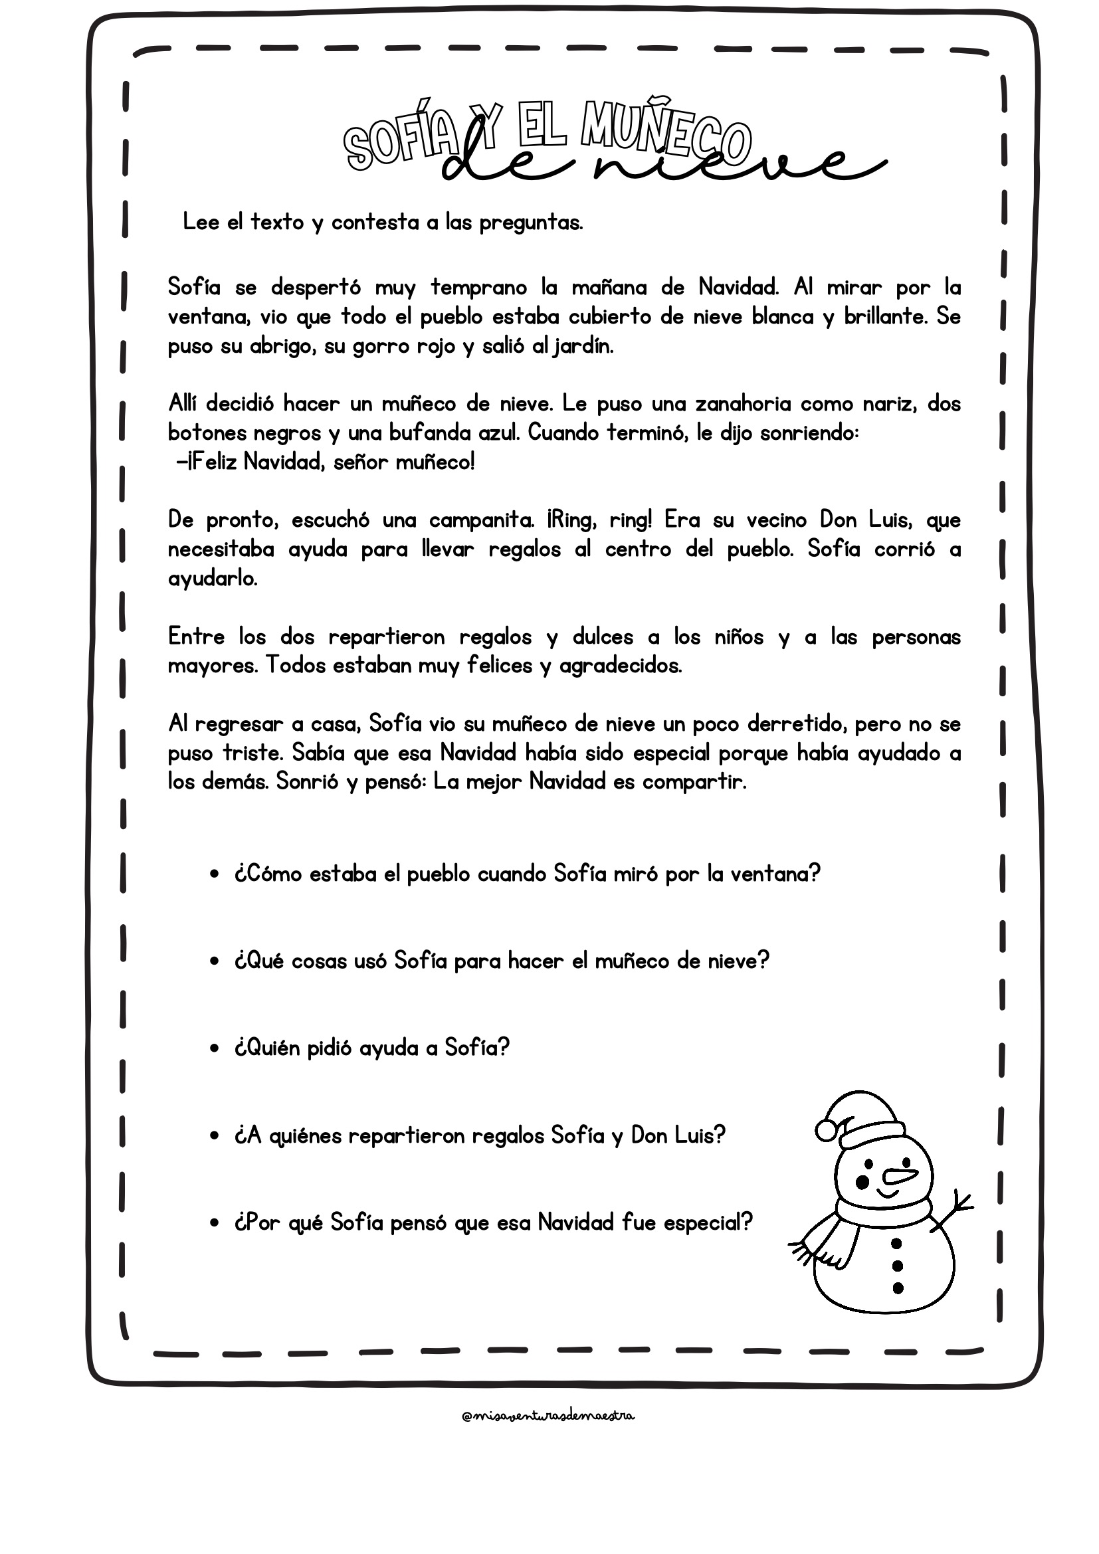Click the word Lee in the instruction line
(201, 222)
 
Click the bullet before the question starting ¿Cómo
(215, 875)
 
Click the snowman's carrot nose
(902, 1176)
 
